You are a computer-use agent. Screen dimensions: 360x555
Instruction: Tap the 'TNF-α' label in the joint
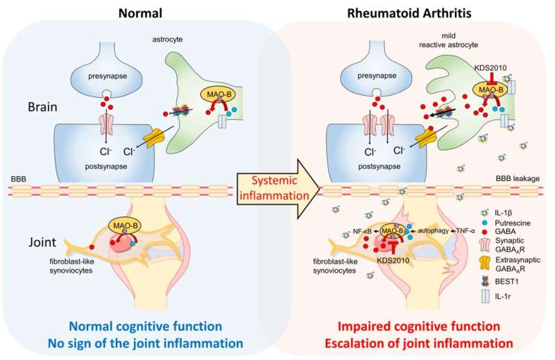(462, 230)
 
